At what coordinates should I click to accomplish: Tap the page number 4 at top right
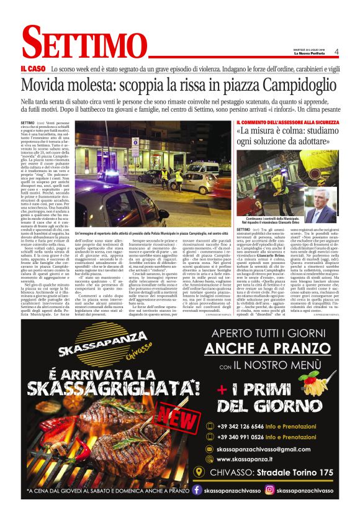tap(336, 52)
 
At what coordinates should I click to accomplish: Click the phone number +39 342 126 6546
tap(248, 426)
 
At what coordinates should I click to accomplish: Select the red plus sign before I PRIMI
tap(222, 389)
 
